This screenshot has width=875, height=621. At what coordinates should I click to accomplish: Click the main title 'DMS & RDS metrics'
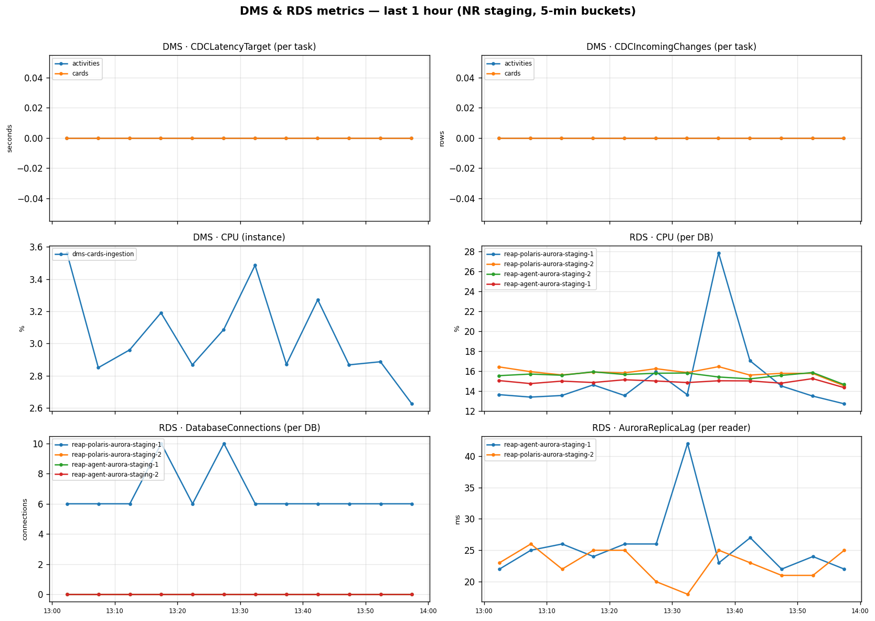(437, 11)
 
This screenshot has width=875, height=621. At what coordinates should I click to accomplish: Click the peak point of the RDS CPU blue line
(719, 253)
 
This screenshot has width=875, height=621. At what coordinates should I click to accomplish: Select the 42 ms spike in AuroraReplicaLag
(688, 444)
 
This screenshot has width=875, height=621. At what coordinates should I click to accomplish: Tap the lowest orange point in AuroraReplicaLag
(688, 594)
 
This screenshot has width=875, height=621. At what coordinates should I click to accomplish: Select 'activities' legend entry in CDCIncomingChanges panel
(518, 64)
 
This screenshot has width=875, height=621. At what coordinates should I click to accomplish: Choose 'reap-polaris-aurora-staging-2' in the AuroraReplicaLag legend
(548, 455)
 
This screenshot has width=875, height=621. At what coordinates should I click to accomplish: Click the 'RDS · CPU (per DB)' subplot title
(671, 237)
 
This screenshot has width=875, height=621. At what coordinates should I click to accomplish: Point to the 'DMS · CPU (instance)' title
(239, 237)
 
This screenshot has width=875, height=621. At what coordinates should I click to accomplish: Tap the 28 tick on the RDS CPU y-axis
(471, 252)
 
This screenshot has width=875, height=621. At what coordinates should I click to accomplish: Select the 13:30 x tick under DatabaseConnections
(240, 611)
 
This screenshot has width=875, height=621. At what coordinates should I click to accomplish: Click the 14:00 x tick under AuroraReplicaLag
(860, 611)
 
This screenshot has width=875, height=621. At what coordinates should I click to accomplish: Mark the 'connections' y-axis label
(25, 519)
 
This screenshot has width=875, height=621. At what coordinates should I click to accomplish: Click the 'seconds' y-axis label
(9, 138)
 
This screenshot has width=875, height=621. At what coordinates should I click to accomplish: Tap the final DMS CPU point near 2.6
(412, 404)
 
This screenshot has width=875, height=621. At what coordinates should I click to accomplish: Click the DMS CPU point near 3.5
(255, 266)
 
